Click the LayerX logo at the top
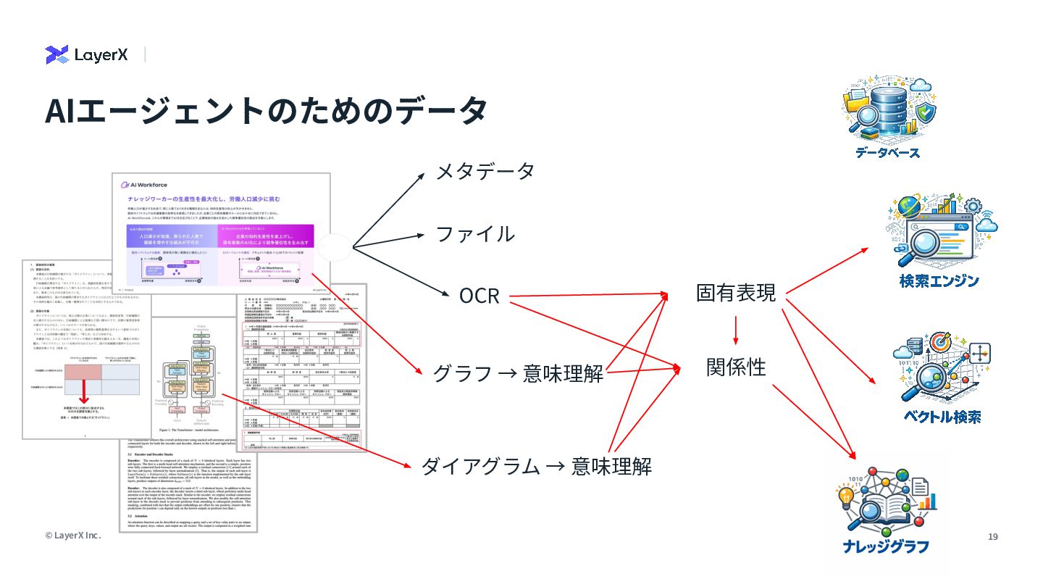87,54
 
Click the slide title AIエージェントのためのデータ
265,110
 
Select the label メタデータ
485,171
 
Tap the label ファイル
474,234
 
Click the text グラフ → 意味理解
518,373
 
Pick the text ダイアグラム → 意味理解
536,466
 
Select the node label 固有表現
736,293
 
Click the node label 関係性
736,367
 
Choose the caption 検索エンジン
939,281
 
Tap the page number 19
993,536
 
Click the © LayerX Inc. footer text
72,536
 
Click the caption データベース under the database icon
887,153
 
